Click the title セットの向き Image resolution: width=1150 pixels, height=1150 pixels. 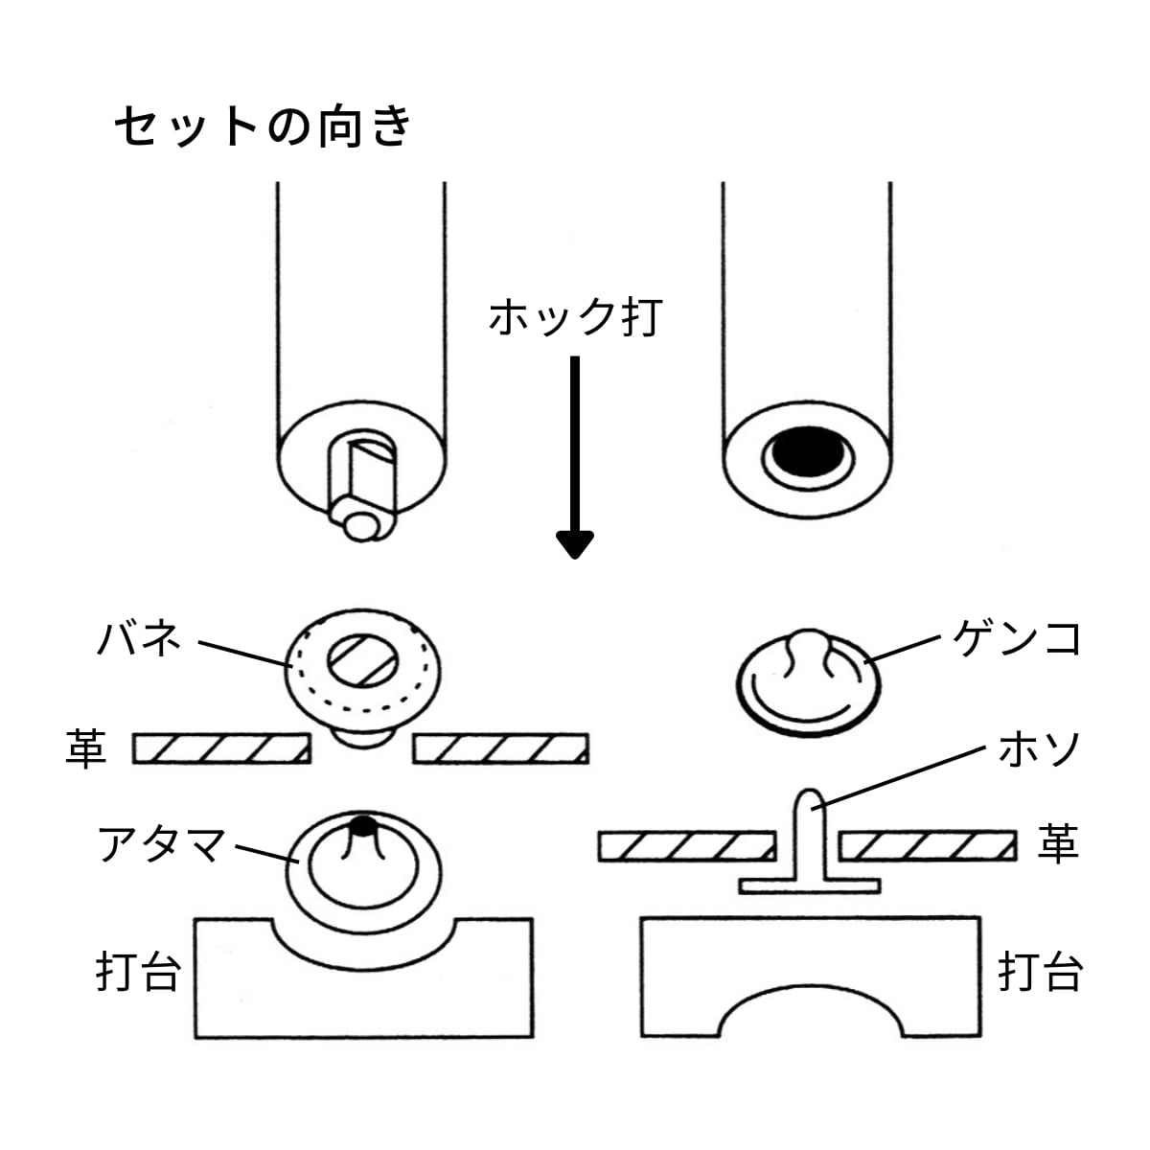tap(264, 126)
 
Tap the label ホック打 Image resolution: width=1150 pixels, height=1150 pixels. tap(575, 317)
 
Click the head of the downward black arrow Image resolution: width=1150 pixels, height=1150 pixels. tap(575, 544)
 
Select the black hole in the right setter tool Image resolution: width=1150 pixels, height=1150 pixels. tap(808, 451)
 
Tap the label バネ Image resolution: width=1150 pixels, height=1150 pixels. tap(138, 639)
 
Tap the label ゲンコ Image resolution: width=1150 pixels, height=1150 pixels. tap(1016, 638)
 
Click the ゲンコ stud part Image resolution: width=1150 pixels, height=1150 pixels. tap(808, 682)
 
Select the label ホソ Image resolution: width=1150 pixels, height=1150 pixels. tap(1039, 749)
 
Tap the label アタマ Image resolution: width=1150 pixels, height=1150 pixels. tap(161, 844)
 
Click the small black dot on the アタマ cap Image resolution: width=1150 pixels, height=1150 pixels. tap(363, 826)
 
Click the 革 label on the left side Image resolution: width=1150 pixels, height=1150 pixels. tap(86, 748)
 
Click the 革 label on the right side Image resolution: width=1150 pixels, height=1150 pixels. tap(1058, 844)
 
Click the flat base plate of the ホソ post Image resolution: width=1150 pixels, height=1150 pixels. tap(810, 886)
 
